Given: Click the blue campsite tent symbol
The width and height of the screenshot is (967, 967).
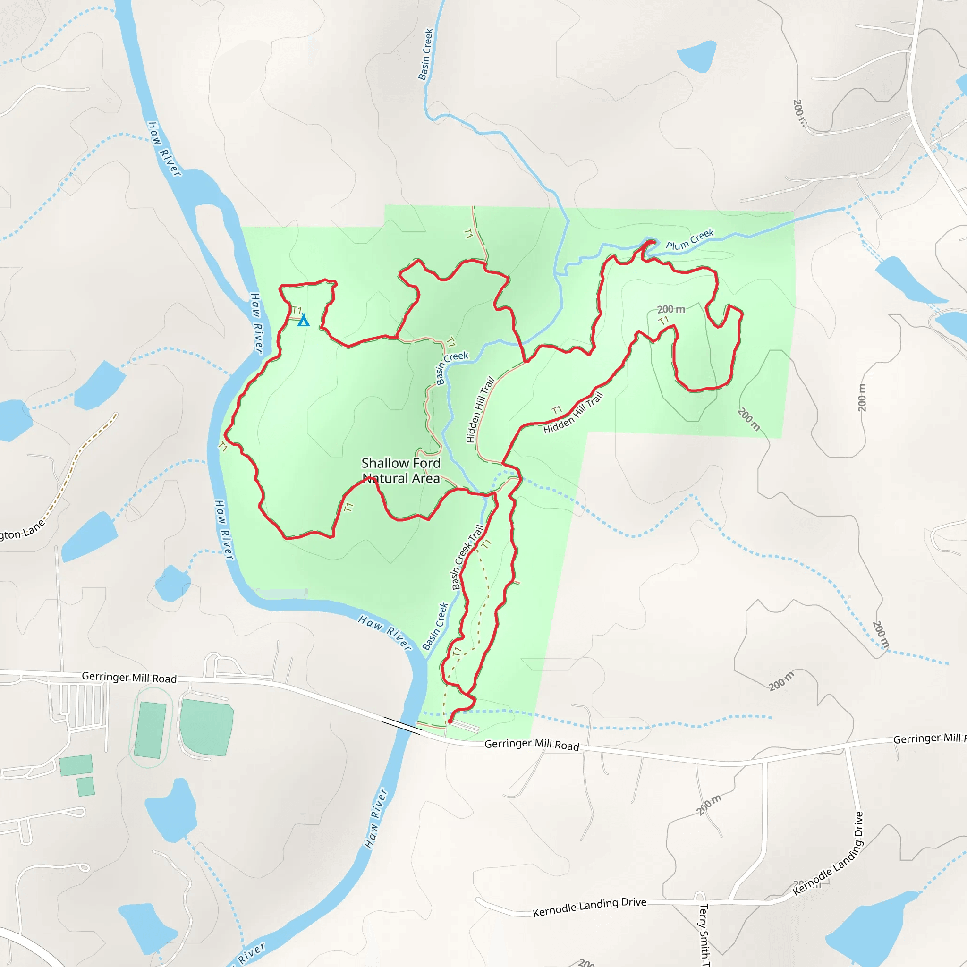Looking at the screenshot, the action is pyautogui.click(x=303, y=321).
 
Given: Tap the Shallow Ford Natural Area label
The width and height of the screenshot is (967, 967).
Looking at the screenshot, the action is pyautogui.click(x=401, y=470).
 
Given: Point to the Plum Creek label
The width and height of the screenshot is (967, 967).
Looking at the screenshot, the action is pyautogui.click(x=689, y=239).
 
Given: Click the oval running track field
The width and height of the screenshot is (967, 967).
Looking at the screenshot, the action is pyautogui.click(x=150, y=728).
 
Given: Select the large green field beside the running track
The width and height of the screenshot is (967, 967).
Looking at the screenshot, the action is pyautogui.click(x=206, y=727).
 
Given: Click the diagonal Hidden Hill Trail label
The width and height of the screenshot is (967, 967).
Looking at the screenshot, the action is pyautogui.click(x=573, y=413).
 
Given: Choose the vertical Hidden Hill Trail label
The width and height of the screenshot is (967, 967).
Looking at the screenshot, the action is pyautogui.click(x=480, y=410).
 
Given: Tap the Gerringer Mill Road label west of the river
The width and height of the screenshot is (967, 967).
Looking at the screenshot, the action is pyautogui.click(x=129, y=677).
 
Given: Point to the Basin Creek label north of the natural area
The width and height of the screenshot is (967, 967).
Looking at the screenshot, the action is pyautogui.click(x=425, y=54).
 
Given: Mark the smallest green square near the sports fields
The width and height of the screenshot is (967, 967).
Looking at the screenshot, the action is pyautogui.click(x=85, y=786).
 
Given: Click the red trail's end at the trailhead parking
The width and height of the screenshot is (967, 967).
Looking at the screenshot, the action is pyautogui.click(x=450, y=721).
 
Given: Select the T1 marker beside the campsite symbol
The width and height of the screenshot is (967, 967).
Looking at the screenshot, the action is pyautogui.click(x=297, y=310).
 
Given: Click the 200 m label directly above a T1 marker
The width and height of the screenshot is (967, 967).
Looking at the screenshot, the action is pyautogui.click(x=670, y=309).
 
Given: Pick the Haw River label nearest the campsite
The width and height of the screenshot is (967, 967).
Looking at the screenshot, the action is pyautogui.click(x=256, y=323).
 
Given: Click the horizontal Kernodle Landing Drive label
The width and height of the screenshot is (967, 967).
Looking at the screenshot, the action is pyautogui.click(x=589, y=907).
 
